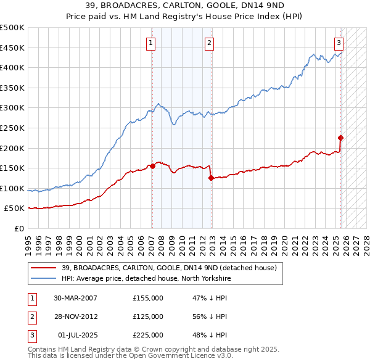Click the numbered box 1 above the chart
click(151, 43)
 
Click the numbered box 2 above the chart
click(210, 43)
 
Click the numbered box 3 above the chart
click(339, 43)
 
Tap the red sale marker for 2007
click(152, 166)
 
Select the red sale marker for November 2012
click(211, 178)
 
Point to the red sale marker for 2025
click(340, 138)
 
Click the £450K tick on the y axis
click(12, 48)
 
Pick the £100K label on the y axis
click(12, 188)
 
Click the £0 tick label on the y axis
click(18, 228)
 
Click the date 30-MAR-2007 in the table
click(75, 298)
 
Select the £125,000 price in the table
click(148, 316)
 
